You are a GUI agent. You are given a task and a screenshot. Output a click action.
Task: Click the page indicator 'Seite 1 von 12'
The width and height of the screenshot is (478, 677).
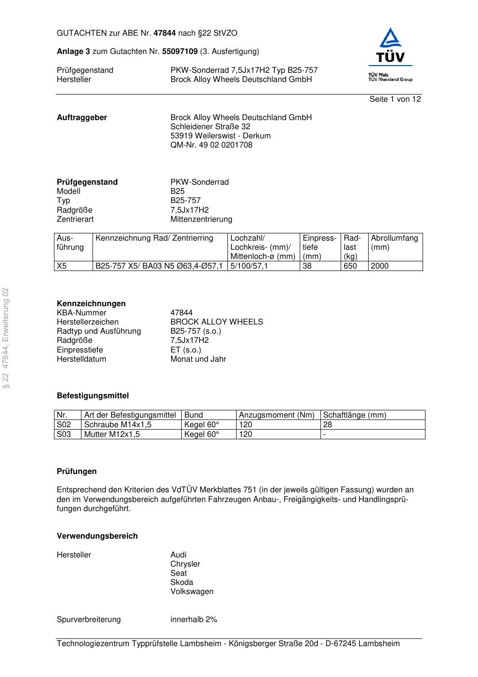pyautogui.click(x=395, y=99)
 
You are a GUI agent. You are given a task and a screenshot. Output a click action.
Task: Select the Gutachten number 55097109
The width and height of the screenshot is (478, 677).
pyautogui.click(x=180, y=52)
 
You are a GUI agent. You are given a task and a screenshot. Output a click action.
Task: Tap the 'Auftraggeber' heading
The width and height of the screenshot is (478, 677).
pyautogui.click(x=82, y=118)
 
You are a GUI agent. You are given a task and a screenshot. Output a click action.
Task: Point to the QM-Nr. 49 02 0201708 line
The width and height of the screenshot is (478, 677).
pyautogui.click(x=211, y=145)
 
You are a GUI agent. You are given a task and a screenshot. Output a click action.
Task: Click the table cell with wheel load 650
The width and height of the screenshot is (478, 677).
pyautogui.click(x=350, y=266)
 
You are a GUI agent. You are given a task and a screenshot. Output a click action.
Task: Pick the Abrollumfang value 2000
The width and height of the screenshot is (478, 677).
pyautogui.click(x=380, y=266)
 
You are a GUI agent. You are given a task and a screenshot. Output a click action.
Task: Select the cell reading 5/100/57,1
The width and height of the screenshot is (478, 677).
pyautogui.click(x=249, y=266)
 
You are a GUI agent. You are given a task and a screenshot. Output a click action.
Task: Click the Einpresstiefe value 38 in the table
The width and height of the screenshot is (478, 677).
pyautogui.click(x=307, y=266)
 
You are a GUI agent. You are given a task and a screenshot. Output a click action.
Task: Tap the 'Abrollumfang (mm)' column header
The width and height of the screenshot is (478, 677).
pyautogui.click(x=394, y=243)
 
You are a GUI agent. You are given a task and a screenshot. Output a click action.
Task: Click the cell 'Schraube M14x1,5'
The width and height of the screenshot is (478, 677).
pyautogui.click(x=118, y=425)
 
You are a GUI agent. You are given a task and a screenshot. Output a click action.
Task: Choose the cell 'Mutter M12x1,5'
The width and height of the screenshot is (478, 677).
pyautogui.click(x=112, y=434)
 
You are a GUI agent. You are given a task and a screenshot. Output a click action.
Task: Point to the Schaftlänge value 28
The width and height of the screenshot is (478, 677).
pyautogui.click(x=328, y=425)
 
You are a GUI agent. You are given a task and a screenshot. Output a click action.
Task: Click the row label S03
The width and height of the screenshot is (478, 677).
pyautogui.click(x=64, y=434)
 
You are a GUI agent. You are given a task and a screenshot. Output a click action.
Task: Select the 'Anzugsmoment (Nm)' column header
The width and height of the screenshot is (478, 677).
pyautogui.click(x=277, y=415)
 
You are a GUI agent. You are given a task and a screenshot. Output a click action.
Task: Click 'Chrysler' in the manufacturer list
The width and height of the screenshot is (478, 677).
pyautogui.click(x=185, y=564)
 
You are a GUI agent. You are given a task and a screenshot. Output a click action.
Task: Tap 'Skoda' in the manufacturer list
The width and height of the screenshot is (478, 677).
pyautogui.click(x=182, y=582)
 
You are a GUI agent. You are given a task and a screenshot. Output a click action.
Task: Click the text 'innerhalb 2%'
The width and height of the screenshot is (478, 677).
pyautogui.click(x=194, y=620)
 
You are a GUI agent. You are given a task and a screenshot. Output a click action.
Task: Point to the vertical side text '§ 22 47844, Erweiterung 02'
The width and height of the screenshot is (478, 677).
pyautogui.click(x=6, y=338)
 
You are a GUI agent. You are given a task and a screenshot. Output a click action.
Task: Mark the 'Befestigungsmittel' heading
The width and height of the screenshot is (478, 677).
pyautogui.click(x=93, y=396)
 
